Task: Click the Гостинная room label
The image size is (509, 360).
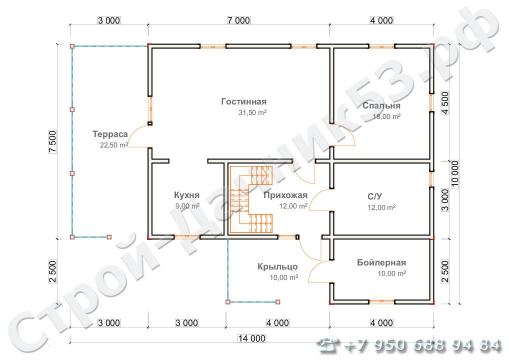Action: point(244,101)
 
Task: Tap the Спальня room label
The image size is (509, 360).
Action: point(381,105)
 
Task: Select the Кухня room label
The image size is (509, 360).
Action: point(186,195)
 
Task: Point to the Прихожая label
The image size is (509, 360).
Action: point(285,195)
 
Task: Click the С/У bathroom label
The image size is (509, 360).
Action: point(374,196)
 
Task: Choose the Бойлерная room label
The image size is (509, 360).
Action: point(381,262)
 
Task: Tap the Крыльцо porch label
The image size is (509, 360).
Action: point(277,267)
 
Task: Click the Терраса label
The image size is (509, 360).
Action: point(110,134)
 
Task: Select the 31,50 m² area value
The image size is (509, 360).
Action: point(252,112)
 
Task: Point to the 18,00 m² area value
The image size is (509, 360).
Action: point(386,116)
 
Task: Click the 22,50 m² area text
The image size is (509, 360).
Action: point(114,145)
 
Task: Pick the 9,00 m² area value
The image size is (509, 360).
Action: point(187,206)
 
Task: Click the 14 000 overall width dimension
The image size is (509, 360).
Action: point(252,338)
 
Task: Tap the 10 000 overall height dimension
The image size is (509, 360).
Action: point(455,173)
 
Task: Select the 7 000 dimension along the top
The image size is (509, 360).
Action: point(238,20)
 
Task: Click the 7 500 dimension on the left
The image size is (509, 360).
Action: point(52,142)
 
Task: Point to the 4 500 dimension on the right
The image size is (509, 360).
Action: point(444,103)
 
